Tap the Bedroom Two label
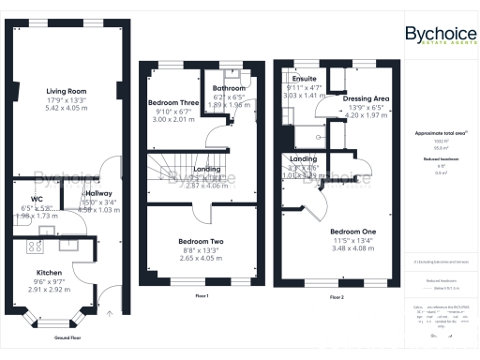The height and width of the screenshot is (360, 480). [x=201, y=241]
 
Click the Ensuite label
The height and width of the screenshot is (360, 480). [x=304, y=79]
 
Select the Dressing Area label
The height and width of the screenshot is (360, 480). [x=366, y=97]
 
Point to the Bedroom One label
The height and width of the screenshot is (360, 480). [x=352, y=231]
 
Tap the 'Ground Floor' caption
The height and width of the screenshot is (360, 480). [x=67, y=336]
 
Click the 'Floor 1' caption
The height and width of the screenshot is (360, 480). [x=201, y=296]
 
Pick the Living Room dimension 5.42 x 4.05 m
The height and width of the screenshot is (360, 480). [x=67, y=108]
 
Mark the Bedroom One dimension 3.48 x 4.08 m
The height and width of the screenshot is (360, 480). [x=352, y=247]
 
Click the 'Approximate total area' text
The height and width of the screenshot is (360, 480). [x=440, y=133]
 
